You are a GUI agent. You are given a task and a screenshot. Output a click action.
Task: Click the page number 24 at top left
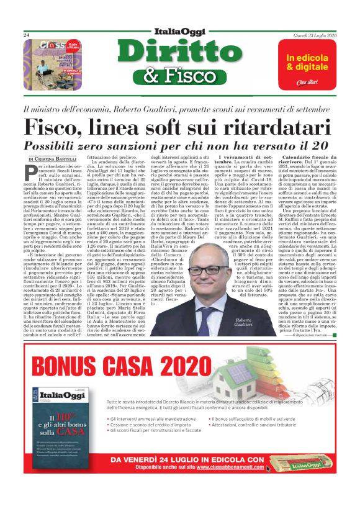coord(27,35)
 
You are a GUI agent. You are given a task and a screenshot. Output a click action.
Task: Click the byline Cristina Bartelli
coord(60,160)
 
